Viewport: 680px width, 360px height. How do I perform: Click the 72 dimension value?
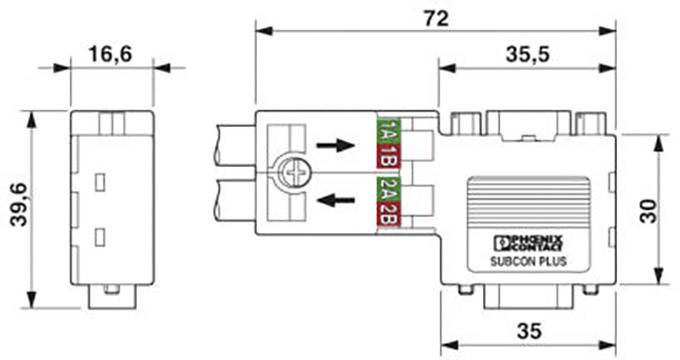[x=434, y=18]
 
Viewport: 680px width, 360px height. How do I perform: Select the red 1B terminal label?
[x=387, y=155]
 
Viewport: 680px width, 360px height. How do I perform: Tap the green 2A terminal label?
[x=387, y=189]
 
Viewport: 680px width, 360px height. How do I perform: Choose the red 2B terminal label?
[x=387, y=213]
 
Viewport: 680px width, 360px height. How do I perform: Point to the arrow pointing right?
[x=335, y=145]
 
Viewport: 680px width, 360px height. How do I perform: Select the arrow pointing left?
[x=335, y=201]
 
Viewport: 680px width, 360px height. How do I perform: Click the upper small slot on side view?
[x=100, y=182]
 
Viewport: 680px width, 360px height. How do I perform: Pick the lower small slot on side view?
[x=100, y=236]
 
